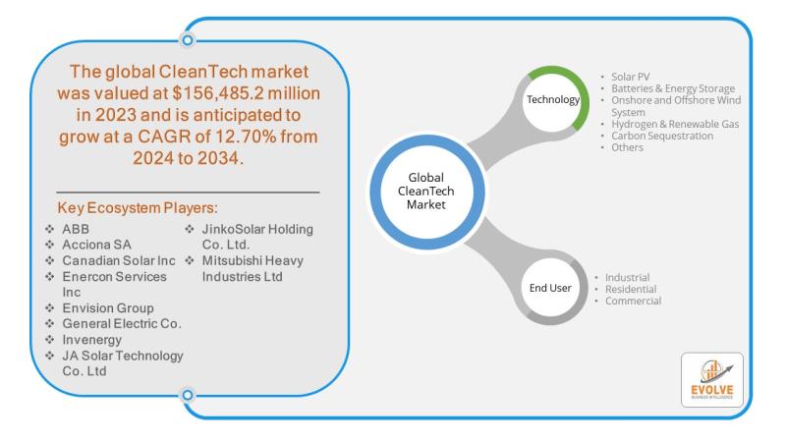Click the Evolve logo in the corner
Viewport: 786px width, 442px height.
(x=711, y=380)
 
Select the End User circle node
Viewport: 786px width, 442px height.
(x=550, y=288)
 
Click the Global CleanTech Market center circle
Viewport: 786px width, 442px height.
(x=426, y=192)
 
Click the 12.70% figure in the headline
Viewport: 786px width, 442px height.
(x=246, y=137)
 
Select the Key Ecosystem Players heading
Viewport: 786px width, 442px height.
(x=138, y=207)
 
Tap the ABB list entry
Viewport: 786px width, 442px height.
(x=76, y=229)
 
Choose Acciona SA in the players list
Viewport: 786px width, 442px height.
(x=96, y=245)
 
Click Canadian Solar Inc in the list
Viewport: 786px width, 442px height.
(x=119, y=260)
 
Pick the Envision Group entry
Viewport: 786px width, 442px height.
(x=108, y=308)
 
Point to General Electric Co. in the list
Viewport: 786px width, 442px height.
(x=122, y=324)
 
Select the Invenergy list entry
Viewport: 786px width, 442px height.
(x=91, y=340)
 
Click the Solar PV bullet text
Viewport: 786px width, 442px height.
(x=630, y=77)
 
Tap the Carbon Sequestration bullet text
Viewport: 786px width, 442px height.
(x=662, y=136)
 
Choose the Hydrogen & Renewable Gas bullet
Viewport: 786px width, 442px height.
(x=675, y=124)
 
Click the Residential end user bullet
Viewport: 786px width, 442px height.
(x=631, y=289)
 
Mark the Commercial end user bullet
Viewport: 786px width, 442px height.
(x=633, y=301)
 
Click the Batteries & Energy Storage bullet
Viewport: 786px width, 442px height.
(x=673, y=88)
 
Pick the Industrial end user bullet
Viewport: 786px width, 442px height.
(x=627, y=277)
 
